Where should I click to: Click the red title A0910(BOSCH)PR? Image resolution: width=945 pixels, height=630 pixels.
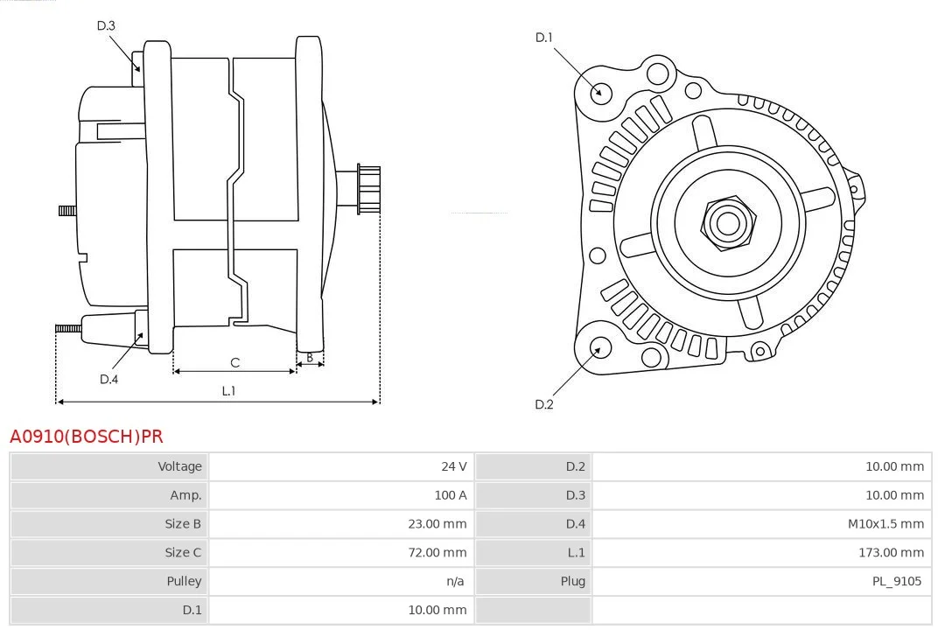pyautogui.click(x=86, y=436)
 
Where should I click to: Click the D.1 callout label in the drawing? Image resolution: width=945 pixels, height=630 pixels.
pyautogui.click(x=544, y=38)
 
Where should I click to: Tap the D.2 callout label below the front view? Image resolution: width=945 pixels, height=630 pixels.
pyautogui.click(x=544, y=404)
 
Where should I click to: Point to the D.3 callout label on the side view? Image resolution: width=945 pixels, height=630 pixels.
pyautogui.click(x=106, y=25)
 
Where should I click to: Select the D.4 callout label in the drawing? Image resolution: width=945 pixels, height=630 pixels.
pyautogui.click(x=108, y=379)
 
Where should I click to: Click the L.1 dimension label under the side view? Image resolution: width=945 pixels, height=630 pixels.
pyautogui.click(x=228, y=391)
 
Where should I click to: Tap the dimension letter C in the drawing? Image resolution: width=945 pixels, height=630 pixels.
pyautogui.click(x=234, y=362)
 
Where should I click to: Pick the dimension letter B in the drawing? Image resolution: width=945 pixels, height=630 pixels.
pyautogui.click(x=309, y=357)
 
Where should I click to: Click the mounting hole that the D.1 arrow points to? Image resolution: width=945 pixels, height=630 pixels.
pyautogui.click(x=600, y=92)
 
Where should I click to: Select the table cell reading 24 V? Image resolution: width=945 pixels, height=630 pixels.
pyautogui.click(x=453, y=466)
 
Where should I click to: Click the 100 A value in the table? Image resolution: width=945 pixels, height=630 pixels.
pyautogui.click(x=451, y=495)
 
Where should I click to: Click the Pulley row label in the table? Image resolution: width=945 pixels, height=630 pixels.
pyautogui.click(x=184, y=581)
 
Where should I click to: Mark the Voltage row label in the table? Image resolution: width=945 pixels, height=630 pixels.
pyautogui.click(x=179, y=466)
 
